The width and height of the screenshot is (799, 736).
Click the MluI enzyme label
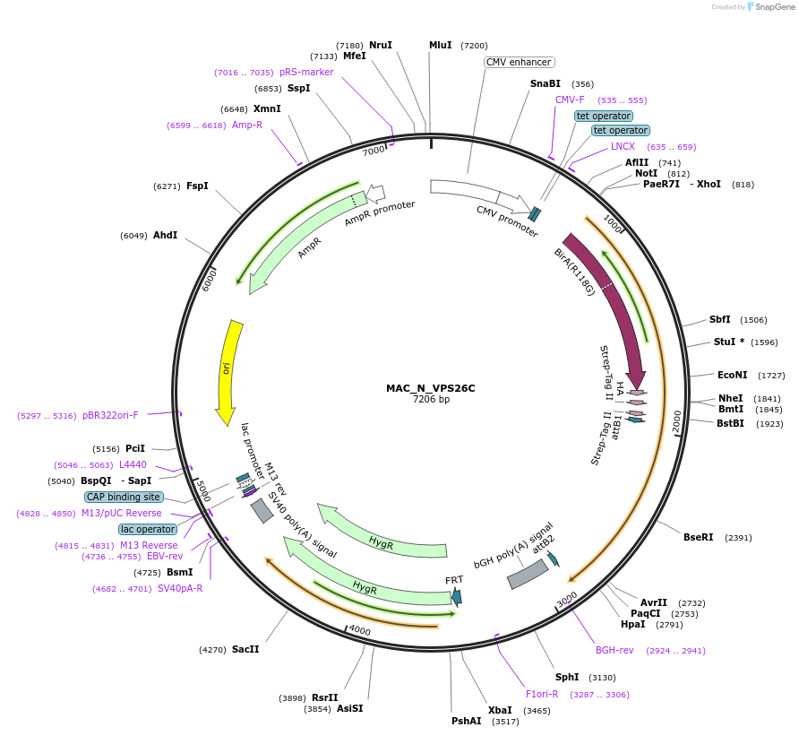point(440,45)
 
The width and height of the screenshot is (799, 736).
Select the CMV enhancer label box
point(519,62)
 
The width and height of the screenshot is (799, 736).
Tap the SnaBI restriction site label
point(545,83)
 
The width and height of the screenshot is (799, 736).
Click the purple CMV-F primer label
point(570,100)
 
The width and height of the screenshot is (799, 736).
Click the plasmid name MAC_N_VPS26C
point(431,388)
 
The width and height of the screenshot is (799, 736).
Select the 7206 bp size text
point(431,399)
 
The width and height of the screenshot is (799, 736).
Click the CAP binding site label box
point(125,497)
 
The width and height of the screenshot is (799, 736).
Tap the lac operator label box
point(148,529)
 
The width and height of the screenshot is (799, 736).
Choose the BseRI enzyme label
point(699,537)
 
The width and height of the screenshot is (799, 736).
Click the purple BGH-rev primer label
point(614,650)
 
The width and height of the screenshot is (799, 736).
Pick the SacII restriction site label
point(245,649)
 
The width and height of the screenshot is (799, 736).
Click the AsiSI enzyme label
point(350,708)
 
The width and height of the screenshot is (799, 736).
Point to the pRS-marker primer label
point(306,72)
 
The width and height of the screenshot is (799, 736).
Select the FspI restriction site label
point(197,186)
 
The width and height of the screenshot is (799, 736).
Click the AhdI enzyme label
point(165,235)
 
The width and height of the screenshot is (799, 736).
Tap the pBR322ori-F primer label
point(110,415)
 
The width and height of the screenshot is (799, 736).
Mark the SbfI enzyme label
point(719,319)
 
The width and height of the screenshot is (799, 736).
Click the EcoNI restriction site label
point(732,375)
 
